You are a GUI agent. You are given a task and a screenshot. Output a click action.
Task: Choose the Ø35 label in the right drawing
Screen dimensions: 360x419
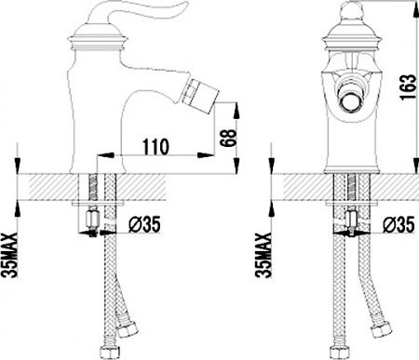point(399,224)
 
